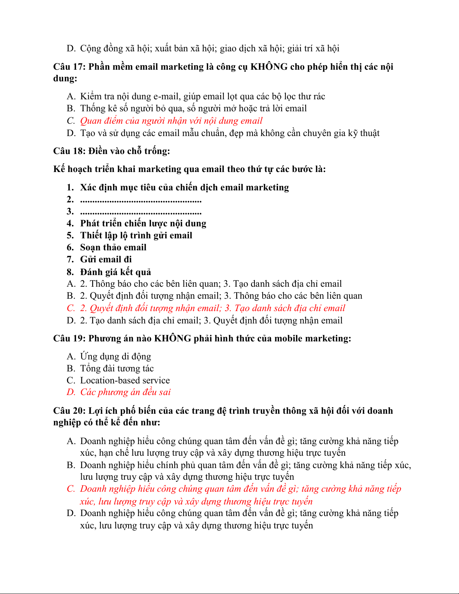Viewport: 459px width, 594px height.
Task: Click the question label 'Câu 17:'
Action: [70, 67]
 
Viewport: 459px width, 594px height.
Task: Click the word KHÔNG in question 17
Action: [269, 67]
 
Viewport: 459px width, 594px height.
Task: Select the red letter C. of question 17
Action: [71, 121]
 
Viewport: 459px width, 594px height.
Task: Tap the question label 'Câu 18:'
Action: [70, 151]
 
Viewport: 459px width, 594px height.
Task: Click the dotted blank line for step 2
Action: [141, 200]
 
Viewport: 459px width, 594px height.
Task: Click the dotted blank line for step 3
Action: [141, 212]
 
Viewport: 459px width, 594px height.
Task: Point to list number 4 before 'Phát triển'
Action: [70, 223]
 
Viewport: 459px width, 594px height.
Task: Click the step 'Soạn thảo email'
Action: [113, 247]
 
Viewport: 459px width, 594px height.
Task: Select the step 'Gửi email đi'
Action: [106, 259]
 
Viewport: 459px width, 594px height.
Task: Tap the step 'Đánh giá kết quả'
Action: [115, 272]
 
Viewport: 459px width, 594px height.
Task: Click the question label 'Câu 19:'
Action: [70, 338]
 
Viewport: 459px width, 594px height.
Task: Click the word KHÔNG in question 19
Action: [173, 338]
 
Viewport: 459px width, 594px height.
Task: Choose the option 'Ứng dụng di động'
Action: [115, 356]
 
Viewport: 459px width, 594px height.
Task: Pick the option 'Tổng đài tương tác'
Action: [117, 368]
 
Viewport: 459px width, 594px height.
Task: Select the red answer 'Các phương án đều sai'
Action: [126, 392]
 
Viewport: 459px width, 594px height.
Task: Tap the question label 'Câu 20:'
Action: [70, 411]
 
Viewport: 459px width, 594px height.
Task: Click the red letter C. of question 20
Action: [71, 489]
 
